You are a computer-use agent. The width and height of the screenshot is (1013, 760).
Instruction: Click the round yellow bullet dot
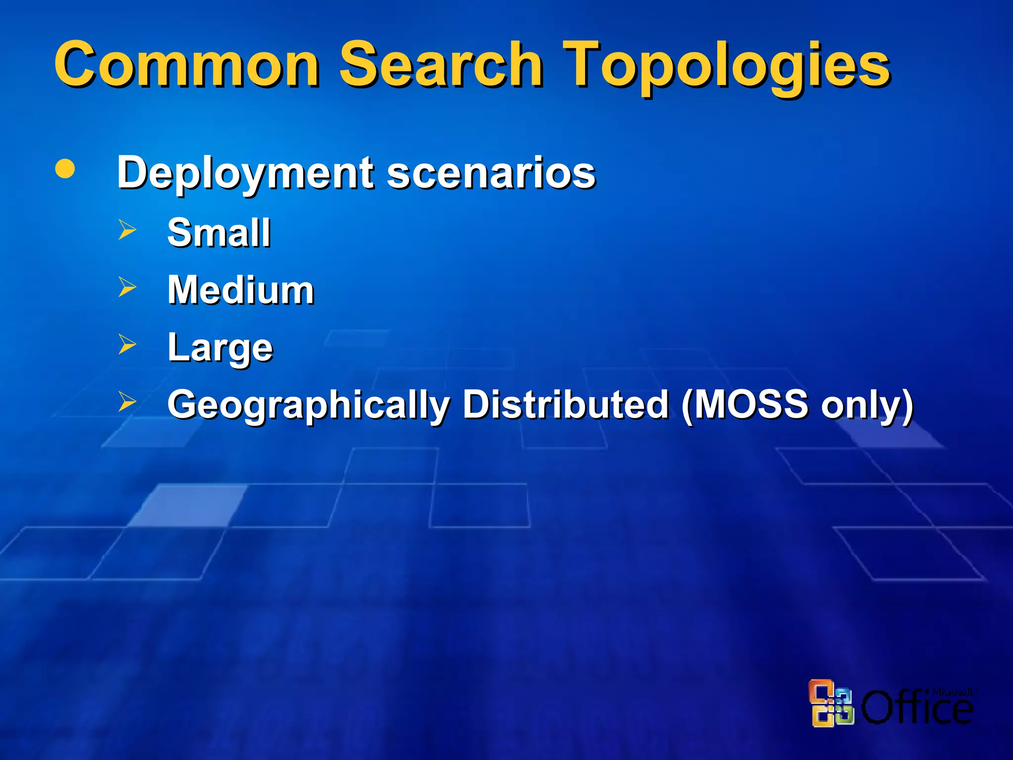[x=65, y=169]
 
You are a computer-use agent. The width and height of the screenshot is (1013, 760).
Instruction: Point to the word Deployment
[x=245, y=173]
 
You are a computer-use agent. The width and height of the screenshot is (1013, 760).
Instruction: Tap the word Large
[x=220, y=348]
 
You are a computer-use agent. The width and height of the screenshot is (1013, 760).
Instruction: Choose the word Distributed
[x=566, y=404]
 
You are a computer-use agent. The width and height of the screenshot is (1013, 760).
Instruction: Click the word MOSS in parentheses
[x=751, y=404]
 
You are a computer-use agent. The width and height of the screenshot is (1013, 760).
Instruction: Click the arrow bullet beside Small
[x=127, y=230]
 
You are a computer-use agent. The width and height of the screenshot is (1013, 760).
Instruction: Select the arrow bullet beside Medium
[x=127, y=287]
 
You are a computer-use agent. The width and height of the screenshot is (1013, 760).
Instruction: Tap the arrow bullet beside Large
[x=127, y=344]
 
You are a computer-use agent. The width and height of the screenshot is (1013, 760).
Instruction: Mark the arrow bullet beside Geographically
[x=127, y=402]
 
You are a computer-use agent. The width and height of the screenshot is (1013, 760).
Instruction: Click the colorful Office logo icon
[x=831, y=703]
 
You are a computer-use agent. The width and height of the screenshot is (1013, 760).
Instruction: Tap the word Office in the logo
[x=917, y=708]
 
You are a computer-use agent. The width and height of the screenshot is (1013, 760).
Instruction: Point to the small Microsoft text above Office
[x=952, y=692]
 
